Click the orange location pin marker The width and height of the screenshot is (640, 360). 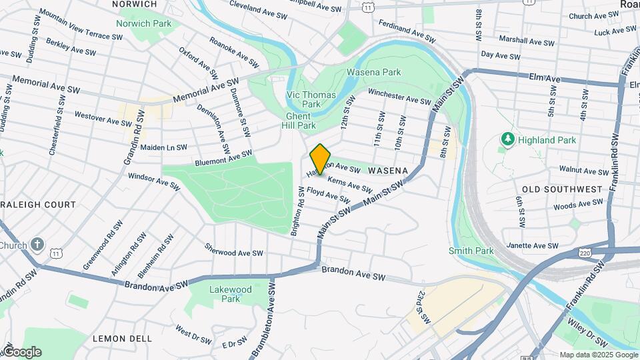pyautogui.click(x=321, y=159)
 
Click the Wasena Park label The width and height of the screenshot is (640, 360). pyautogui.click(x=373, y=72)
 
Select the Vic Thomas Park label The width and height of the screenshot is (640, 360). pyautogui.click(x=311, y=99)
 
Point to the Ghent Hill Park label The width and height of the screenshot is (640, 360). pyautogui.click(x=297, y=121)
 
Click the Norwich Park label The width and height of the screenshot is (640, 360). pyautogui.click(x=143, y=23)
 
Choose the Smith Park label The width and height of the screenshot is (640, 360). pyautogui.click(x=471, y=251)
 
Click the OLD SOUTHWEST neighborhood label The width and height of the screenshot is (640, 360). pyautogui.click(x=562, y=189)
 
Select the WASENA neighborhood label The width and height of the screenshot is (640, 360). pyautogui.click(x=387, y=171)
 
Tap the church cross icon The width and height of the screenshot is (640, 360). pyautogui.click(x=37, y=245)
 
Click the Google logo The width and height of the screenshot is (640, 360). pyautogui.click(x=21, y=351)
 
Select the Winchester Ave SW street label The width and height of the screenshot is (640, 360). pyautogui.click(x=399, y=97)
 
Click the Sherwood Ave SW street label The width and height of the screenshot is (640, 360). pyautogui.click(x=234, y=252)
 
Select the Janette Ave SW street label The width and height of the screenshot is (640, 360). pyautogui.click(x=533, y=245)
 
